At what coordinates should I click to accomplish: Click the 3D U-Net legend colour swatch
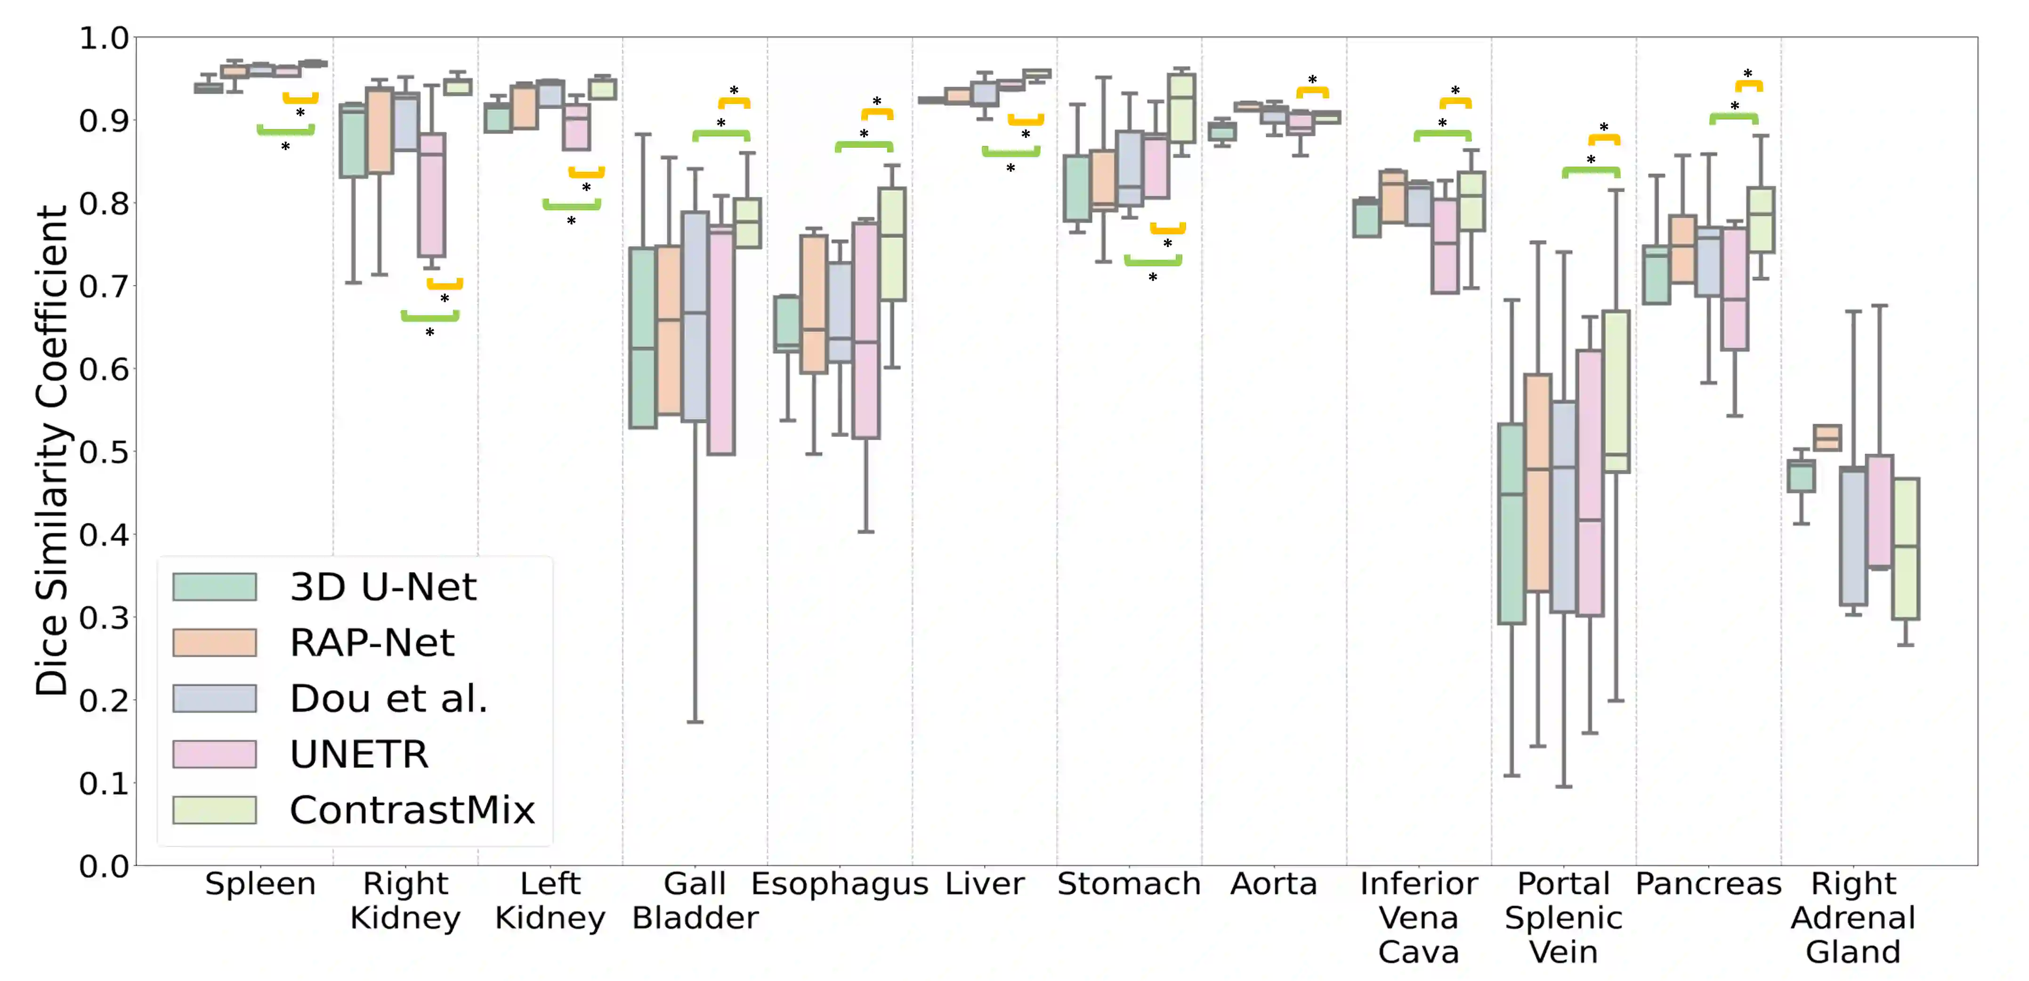pos(214,587)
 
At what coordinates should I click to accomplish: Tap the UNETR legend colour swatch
pos(214,753)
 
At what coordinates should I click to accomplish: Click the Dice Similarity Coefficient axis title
pos(52,450)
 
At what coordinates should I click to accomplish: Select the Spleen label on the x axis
pos(260,884)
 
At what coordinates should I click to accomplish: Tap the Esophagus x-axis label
pos(840,884)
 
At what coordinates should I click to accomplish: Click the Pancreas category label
pos(1708,884)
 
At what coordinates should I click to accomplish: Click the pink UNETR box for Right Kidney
pos(432,195)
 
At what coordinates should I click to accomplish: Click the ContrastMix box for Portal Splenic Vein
pos(1616,391)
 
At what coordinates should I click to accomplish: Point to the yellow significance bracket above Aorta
pos(1312,92)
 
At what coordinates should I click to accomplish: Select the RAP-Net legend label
pos(372,642)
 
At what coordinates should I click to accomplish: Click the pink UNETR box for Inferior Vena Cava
pos(1445,246)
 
